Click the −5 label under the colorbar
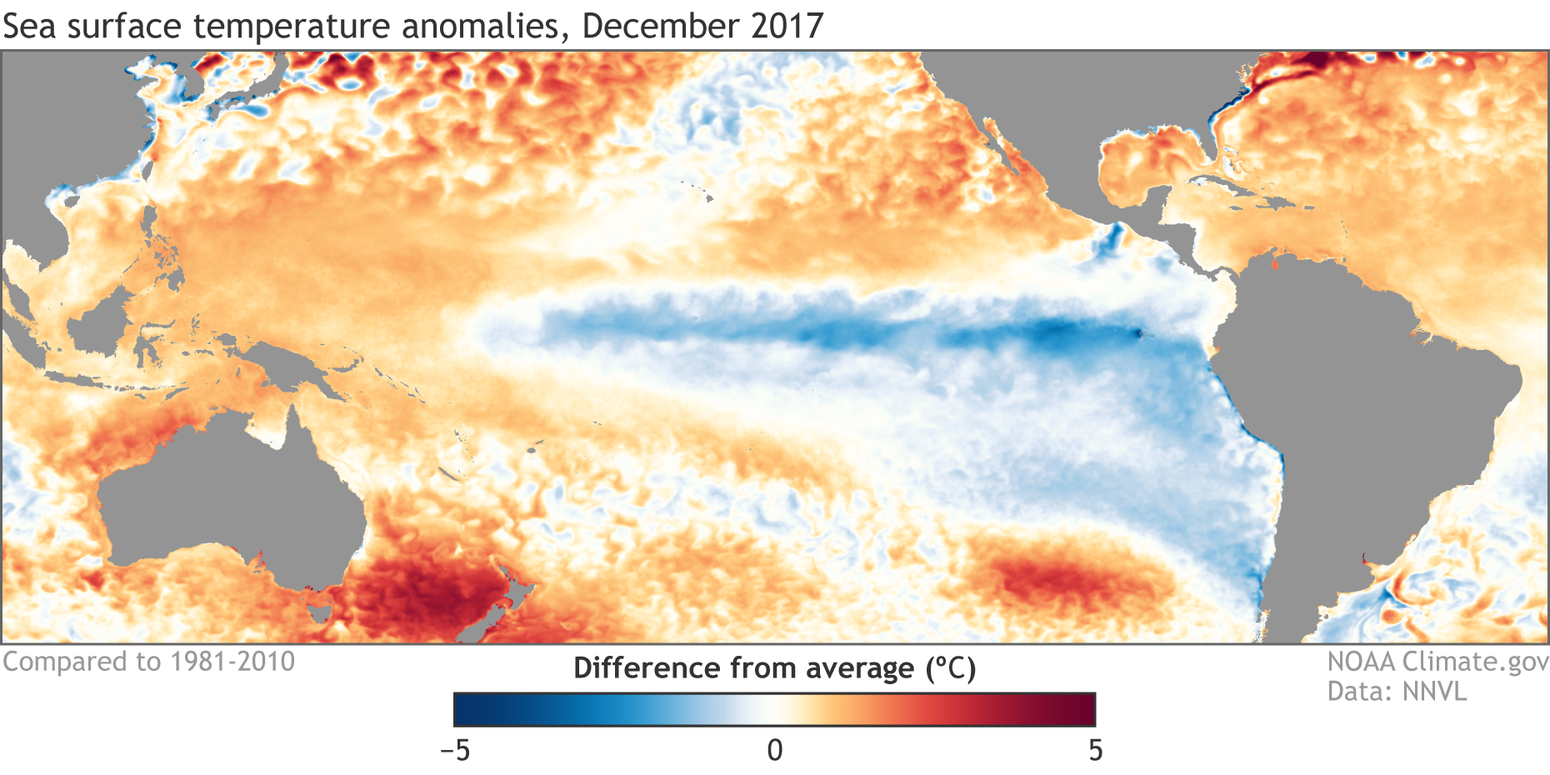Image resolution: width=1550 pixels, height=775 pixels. (455, 751)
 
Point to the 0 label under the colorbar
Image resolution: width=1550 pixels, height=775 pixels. (775, 751)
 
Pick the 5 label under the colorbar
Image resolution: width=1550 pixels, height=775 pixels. (1095, 751)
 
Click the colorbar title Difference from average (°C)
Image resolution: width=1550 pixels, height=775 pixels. (774, 668)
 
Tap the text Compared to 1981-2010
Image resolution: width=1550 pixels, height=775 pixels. (148, 662)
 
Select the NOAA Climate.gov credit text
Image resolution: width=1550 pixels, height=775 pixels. (1437, 662)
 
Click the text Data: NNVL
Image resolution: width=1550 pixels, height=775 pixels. (1397, 692)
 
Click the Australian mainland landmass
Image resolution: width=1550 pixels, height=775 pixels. (225, 500)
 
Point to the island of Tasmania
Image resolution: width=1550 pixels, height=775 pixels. (319, 613)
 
